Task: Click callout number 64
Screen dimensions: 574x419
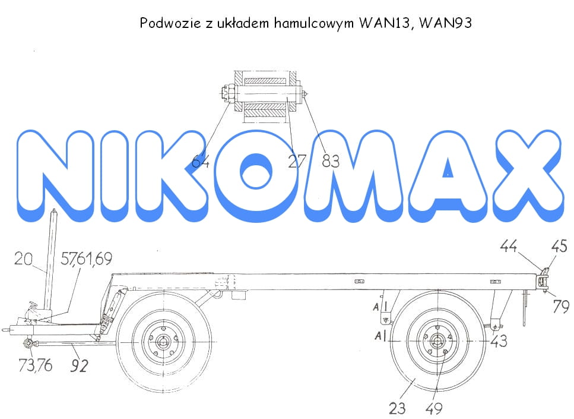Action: pos(201,161)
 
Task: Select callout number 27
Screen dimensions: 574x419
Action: pos(297,161)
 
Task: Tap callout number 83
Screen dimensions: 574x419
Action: pos(331,161)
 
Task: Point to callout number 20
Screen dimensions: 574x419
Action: pos(23,259)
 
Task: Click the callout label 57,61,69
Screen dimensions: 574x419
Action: pos(87,259)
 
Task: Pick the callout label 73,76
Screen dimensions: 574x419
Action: pos(36,365)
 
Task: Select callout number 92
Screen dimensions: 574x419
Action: pos(79,366)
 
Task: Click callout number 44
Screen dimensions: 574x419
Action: pos(509,246)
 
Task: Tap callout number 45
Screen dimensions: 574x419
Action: pos(559,246)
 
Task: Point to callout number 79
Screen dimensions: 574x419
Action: pos(561,306)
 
